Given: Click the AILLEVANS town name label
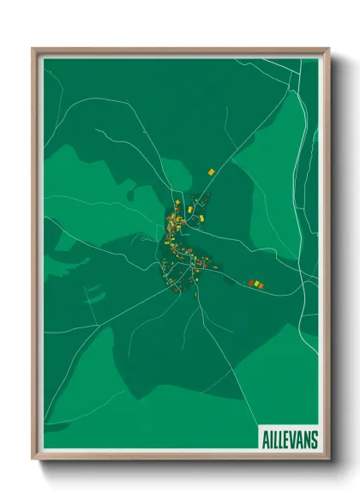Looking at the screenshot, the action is (288, 439).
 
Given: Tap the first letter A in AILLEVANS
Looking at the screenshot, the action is (262, 439).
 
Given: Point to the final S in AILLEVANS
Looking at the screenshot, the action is (314, 439).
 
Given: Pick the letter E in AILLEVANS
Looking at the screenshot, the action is (286, 439).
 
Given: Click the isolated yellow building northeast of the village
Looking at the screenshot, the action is (210, 172).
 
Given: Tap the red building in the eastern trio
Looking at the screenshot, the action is (250, 282).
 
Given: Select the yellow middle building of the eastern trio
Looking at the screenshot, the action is (255, 282).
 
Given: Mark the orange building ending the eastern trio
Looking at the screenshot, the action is (261, 284).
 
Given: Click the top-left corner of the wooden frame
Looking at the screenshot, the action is (33, 50).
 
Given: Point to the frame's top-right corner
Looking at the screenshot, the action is (327, 50).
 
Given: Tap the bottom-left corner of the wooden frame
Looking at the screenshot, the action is (33, 459).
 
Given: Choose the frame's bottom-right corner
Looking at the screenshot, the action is (327, 459).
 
